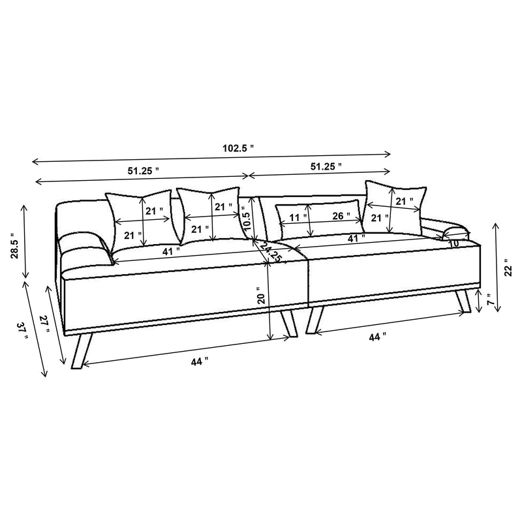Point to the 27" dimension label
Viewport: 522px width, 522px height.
(x=44, y=324)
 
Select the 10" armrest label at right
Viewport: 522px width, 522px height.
(x=454, y=243)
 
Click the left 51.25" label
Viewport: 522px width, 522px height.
(x=144, y=170)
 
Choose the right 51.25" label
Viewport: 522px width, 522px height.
(x=326, y=167)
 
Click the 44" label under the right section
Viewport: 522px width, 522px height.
(x=378, y=337)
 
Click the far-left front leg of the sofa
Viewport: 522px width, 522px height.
(x=80, y=352)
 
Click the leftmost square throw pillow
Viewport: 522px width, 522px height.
(x=140, y=217)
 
